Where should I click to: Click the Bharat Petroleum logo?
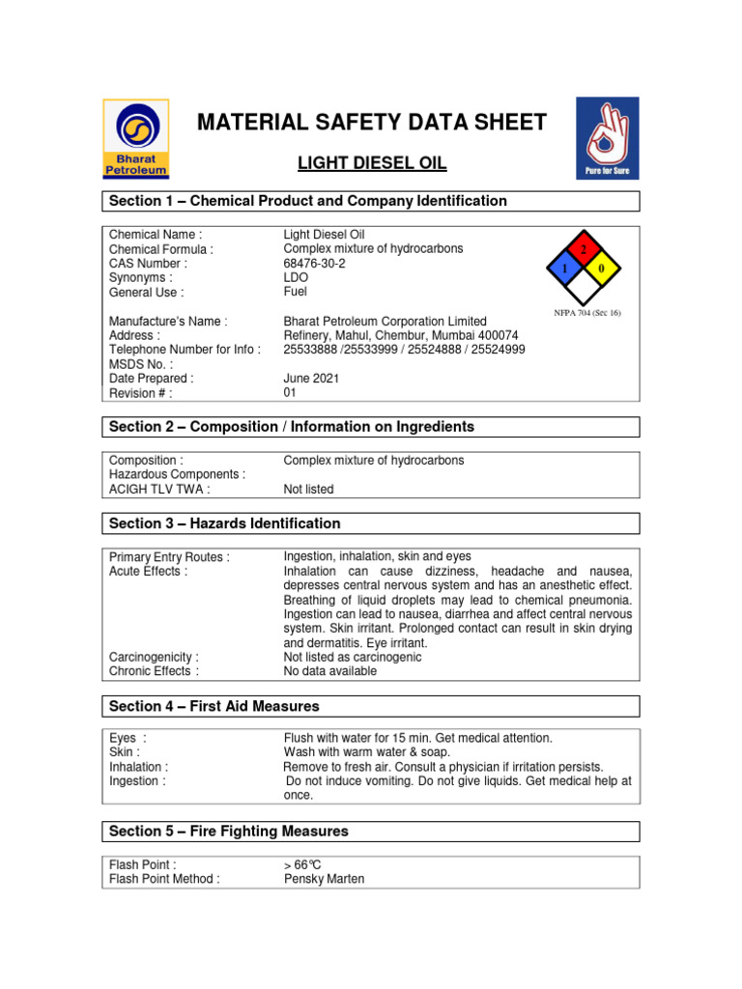pos(136,138)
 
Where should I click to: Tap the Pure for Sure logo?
pos(607,138)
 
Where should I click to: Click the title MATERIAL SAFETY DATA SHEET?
pos(372,123)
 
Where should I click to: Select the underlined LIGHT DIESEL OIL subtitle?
pos(372,163)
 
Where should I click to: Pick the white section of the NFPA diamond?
pos(582,287)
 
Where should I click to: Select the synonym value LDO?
pos(296,277)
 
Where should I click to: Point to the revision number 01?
pos(290,393)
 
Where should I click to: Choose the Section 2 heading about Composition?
pos(292,427)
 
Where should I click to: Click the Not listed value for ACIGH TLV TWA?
pos(308,489)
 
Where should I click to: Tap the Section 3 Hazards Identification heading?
pos(225,523)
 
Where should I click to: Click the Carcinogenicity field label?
pos(154,657)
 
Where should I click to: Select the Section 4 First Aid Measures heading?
pos(214,707)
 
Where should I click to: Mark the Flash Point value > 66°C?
pos(301,864)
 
